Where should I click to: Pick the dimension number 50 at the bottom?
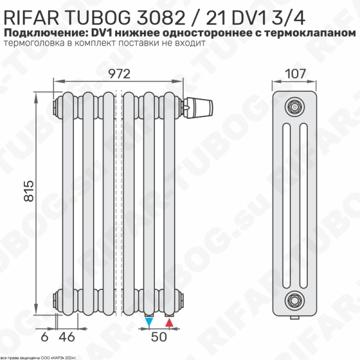[158, 337]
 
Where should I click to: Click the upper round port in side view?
[294, 106]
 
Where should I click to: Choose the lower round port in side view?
[294, 297]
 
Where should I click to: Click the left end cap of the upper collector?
[57, 106]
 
